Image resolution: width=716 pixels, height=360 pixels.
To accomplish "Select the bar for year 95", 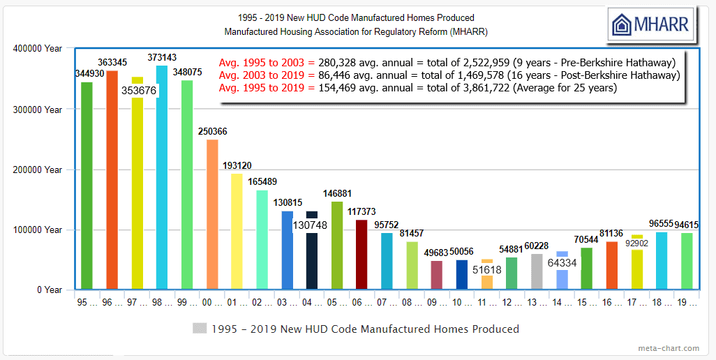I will [x=87, y=186].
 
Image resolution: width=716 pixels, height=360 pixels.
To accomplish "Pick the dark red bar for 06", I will [x=361, y=255].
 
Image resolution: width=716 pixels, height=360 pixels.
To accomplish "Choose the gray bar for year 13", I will [x=537, y=271].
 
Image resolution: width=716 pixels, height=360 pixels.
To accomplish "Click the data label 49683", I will [x=437, y=253].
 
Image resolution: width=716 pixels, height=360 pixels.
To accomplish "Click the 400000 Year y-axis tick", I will [x=38, y=49].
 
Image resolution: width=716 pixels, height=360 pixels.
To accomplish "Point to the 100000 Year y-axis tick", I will [x=38, y=230].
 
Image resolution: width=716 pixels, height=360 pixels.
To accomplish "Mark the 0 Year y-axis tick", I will [x=49, y=290].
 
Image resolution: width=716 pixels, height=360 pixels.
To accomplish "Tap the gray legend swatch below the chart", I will [x=200, y=329].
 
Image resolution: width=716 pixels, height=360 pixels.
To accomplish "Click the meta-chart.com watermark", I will [x=668, y=348].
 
